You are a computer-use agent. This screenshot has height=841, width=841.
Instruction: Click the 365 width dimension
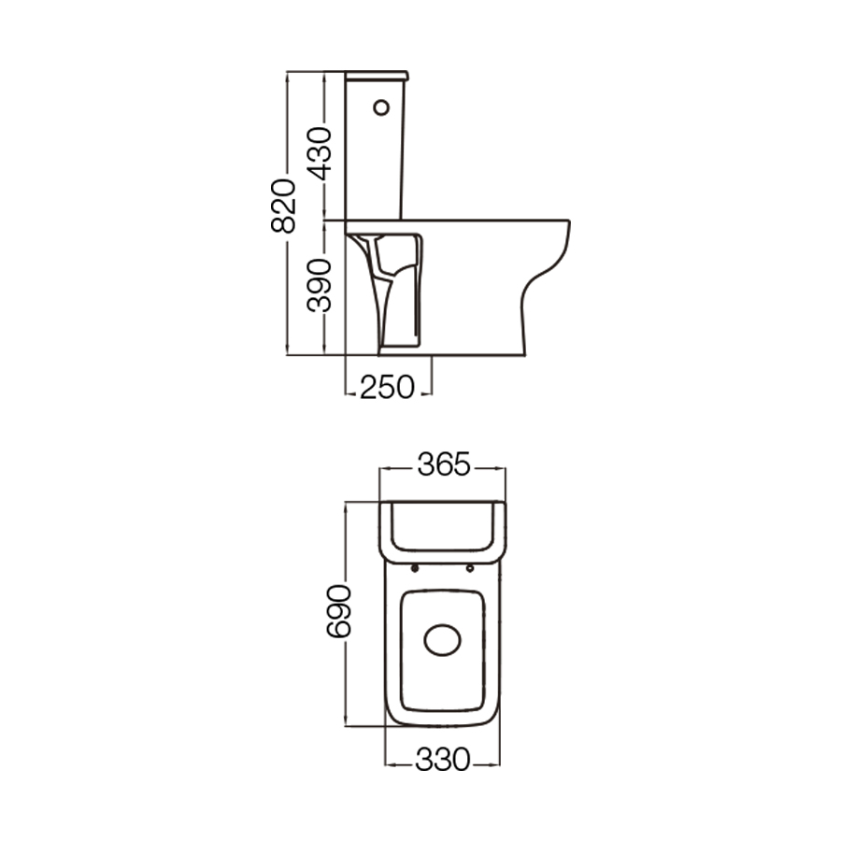coord(442,464)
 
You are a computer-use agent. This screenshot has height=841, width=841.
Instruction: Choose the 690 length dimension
coord(339,611)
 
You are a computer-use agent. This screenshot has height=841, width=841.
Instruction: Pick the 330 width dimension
coord(442,762)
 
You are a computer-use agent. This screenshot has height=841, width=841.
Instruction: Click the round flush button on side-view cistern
coord(380,108)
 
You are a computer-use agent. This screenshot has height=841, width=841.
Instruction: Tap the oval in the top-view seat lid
coord(442,641)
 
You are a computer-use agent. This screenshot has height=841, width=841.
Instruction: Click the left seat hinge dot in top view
coord(414,568)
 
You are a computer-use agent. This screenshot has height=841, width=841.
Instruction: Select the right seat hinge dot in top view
coord(470,568)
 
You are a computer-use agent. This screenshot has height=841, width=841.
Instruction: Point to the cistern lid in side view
coord(377,75)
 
